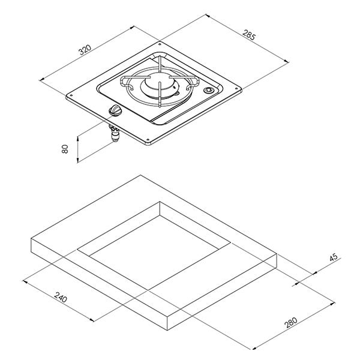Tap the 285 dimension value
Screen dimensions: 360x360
[x=248, y=35]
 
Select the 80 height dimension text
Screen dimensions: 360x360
[x=65, y=149]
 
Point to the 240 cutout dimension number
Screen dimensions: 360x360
[x=61, y=297]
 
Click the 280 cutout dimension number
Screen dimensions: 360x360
[x=290, y=322]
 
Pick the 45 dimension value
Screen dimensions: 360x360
[x=334, y=257]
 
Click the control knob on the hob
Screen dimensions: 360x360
[x=115, y=110]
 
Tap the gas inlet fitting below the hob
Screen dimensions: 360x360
[x=115, y=133]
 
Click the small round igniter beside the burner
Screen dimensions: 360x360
[x=208, y=90]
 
